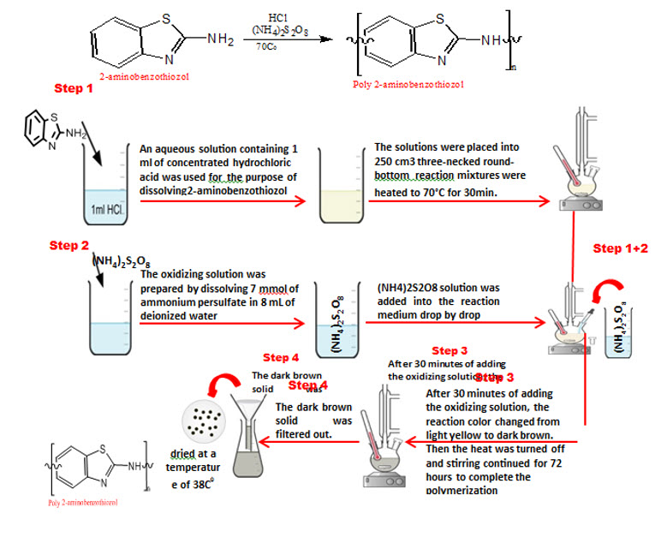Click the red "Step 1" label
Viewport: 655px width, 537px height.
click(73, 88)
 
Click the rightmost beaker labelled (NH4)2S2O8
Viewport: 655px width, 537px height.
click(622, 330)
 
